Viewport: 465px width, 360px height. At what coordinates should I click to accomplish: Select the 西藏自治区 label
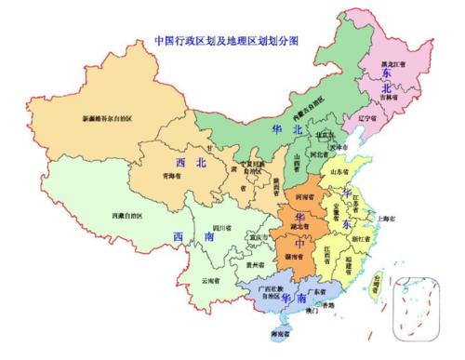(87, 216)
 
